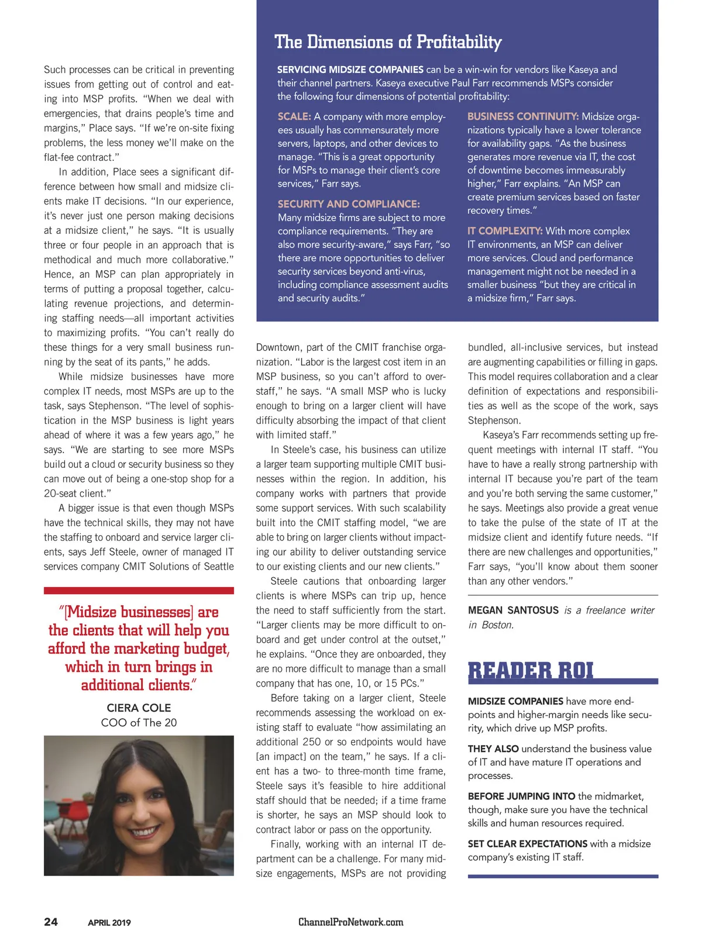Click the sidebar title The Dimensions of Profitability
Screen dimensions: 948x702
point(388,42)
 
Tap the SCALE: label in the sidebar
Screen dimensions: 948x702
point(294,116)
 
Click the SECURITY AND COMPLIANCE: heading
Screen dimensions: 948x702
point(349,204)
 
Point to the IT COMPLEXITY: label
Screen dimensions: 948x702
point(505,231)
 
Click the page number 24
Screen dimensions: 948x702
point(51,922)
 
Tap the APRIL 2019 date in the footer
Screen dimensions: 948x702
point(109,923)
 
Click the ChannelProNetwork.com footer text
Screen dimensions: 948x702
point(350,922)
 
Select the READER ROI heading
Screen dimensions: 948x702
point(531,671)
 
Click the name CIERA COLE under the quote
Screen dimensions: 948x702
point(139,708)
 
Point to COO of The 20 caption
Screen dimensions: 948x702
point(139,723)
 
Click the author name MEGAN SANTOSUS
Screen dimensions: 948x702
point(513,611)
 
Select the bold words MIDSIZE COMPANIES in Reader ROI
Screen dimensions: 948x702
point(515,701)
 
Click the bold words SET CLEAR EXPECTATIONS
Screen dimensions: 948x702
point(527,844)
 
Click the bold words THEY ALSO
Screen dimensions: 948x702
point(493,749)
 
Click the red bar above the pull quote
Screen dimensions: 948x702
point(139,591)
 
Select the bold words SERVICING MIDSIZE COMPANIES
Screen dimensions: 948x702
point(350,70)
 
